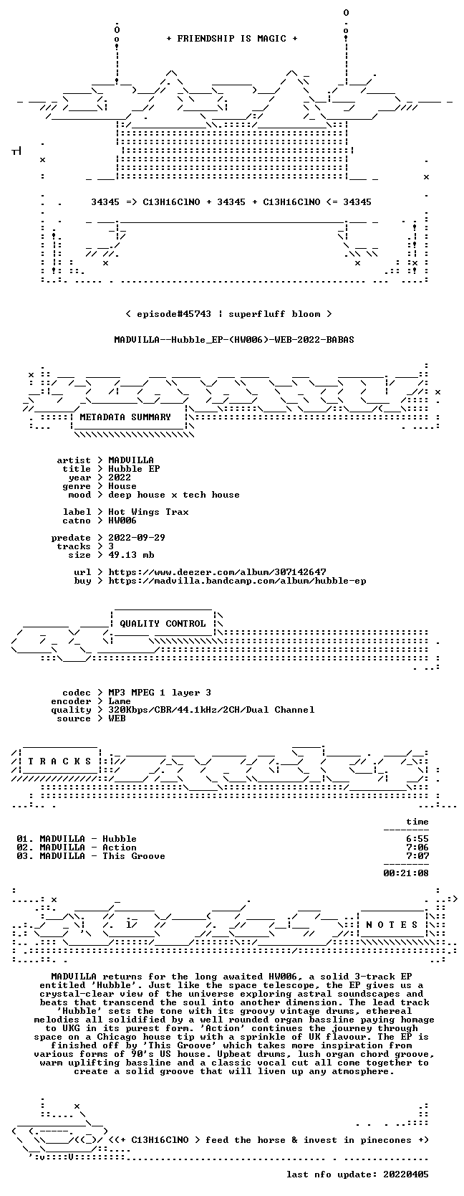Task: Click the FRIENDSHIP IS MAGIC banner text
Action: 232,39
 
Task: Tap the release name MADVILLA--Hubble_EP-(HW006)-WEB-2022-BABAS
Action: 234,340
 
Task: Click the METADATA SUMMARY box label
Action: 125,417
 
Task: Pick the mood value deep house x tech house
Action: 174,495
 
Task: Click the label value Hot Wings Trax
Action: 148,512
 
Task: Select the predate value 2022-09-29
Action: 137,538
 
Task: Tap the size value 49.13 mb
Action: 131,555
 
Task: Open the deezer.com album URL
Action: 217,572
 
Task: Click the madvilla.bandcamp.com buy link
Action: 237,580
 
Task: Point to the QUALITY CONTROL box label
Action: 163,624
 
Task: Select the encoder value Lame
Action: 120,701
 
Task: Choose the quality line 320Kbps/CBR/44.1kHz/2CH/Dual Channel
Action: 211,710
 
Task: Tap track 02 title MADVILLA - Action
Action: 88,848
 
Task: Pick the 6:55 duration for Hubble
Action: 417,839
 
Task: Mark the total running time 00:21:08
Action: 406,873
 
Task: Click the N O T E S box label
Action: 392,925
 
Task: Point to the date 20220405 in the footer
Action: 406,1174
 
